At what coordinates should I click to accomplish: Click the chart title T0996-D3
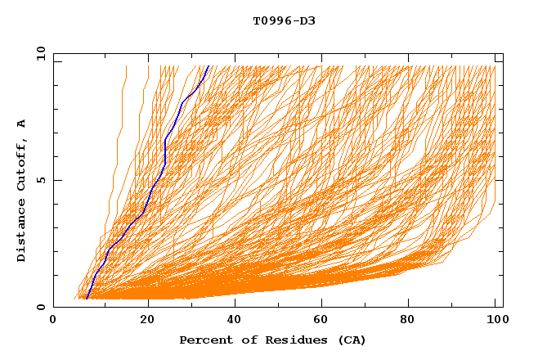[284, 20]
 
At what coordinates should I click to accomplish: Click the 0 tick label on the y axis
[41, 308]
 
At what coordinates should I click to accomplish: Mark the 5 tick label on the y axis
[41, 180]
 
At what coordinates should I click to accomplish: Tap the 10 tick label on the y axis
[39, 53]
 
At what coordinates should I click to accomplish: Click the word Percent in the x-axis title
[203, 340]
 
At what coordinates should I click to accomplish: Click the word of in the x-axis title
[243, 340]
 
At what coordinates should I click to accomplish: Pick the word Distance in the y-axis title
[22, 232]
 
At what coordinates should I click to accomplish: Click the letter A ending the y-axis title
[22, 123]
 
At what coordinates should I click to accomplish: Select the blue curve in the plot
[164, 155]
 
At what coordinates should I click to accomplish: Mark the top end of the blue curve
[208, 66]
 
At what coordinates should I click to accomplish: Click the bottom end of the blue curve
[86, 299]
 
